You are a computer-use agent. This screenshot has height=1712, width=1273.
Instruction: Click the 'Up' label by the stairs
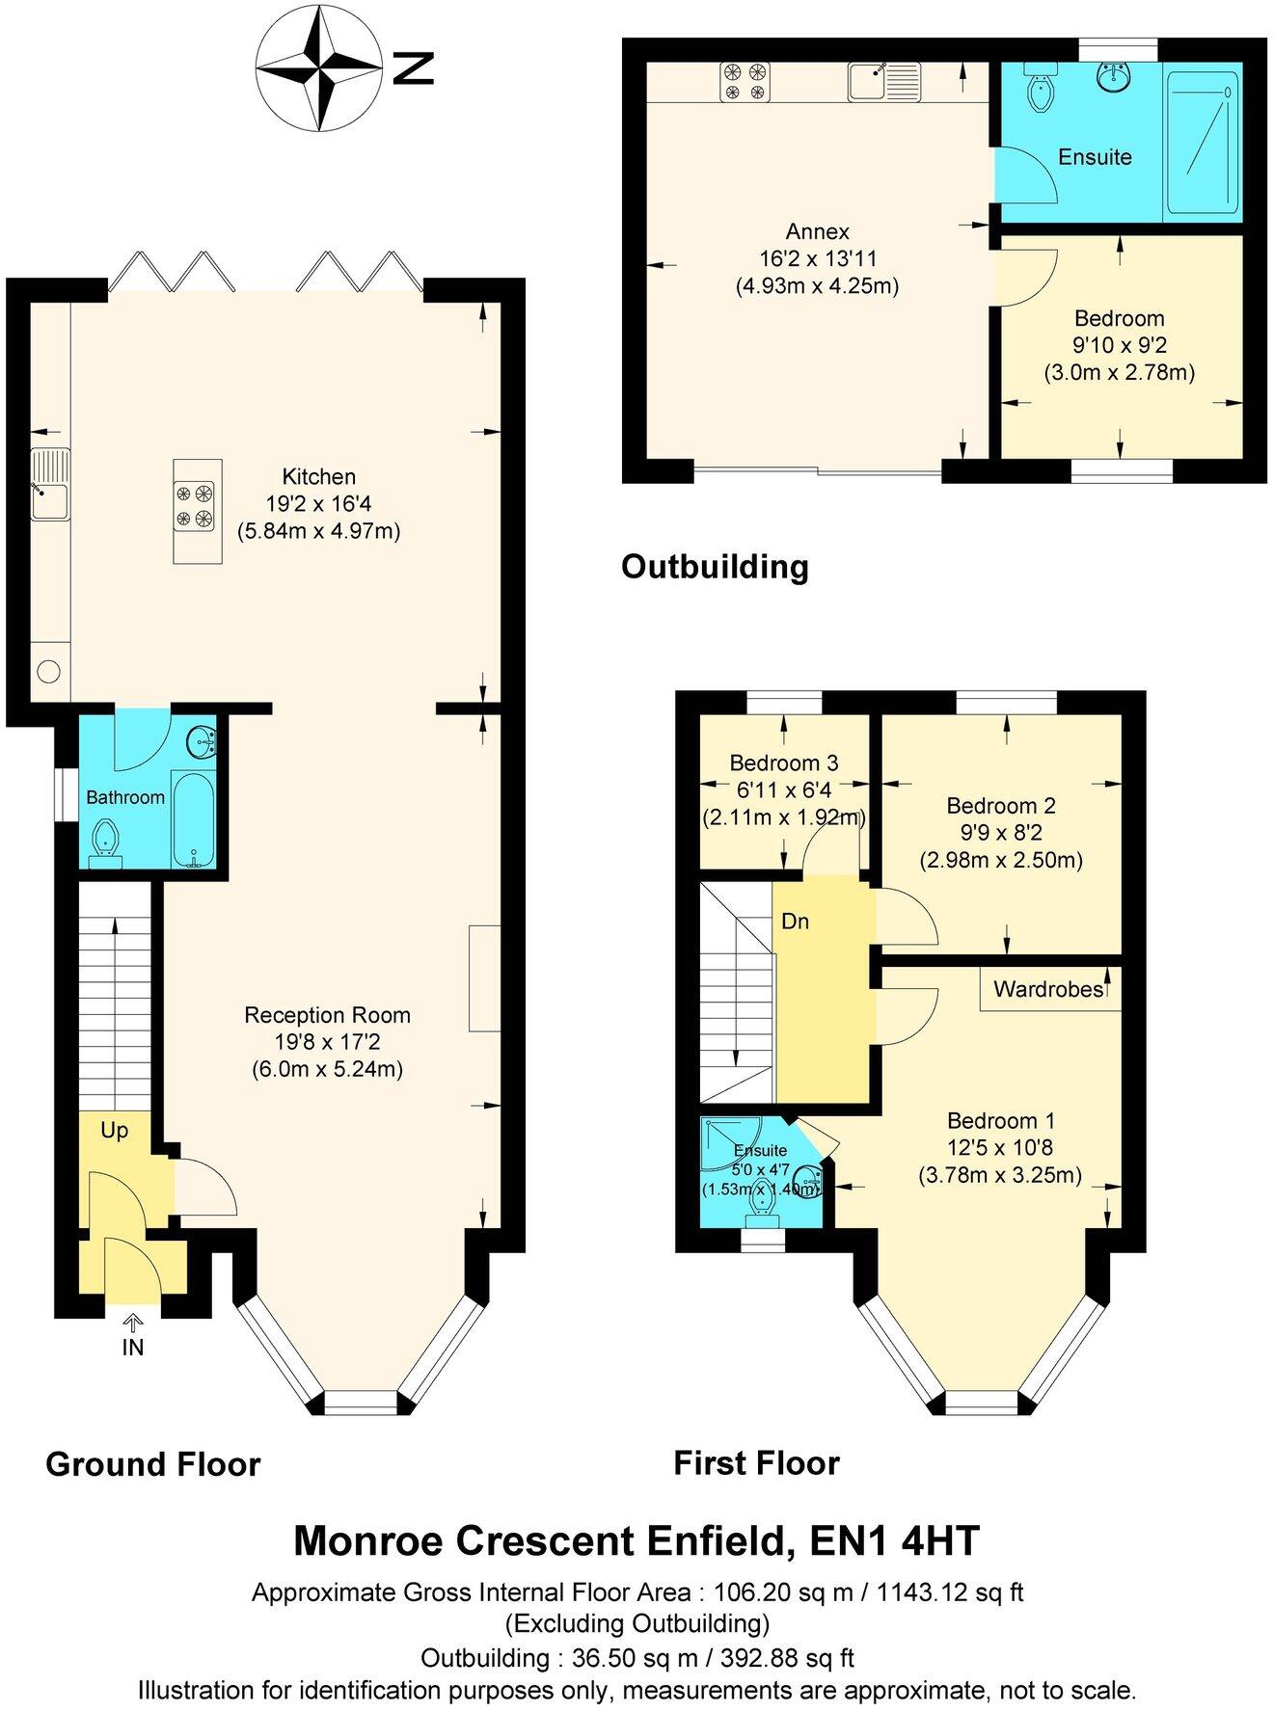click(x=114, y=1130)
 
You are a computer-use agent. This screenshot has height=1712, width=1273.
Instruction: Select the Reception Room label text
click(x=327, y=1015)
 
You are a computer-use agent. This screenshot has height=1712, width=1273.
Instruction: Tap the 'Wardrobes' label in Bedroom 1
click(x=1048, y=989)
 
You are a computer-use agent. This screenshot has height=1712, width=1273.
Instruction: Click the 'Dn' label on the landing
click(x=795, y=922)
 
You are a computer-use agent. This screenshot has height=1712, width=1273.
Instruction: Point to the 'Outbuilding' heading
click(x=715, y=566)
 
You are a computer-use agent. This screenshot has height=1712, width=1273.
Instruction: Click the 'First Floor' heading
click(x=756, y=1463)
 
